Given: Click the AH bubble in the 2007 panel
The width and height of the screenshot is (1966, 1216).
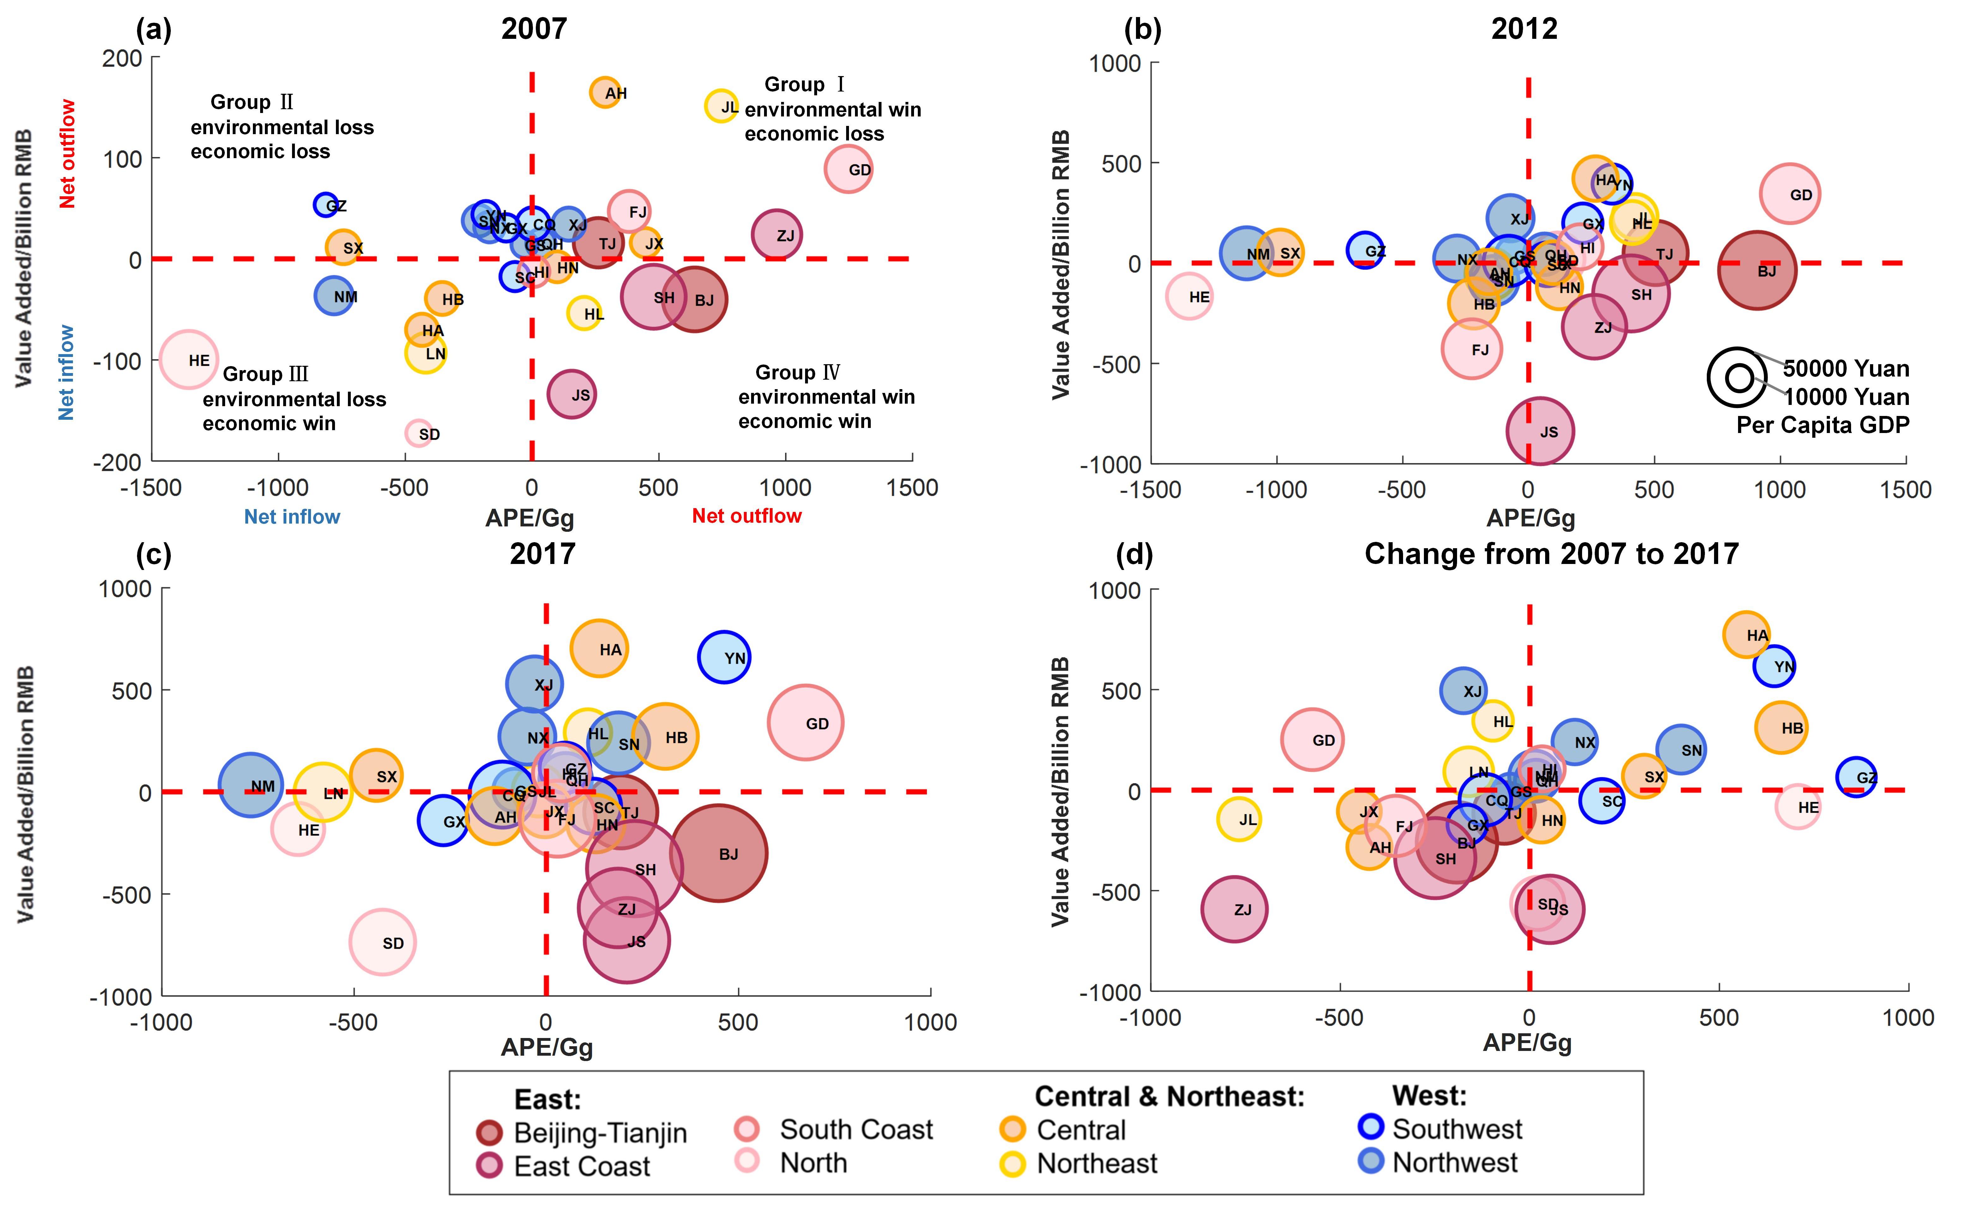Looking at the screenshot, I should [605, 92].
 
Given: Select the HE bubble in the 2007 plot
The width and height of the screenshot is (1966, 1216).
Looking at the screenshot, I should [188, 359].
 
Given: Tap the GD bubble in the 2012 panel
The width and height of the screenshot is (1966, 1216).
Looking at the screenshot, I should [1790, 194].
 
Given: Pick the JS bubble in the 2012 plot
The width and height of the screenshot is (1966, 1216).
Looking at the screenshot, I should [1540, 431].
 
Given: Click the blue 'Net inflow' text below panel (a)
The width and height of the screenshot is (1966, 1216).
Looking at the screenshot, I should [292, 516].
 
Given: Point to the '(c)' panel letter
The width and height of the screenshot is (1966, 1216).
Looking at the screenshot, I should [154, 555].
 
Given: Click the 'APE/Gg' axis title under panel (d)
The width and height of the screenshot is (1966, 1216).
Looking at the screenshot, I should [1527, 1043].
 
